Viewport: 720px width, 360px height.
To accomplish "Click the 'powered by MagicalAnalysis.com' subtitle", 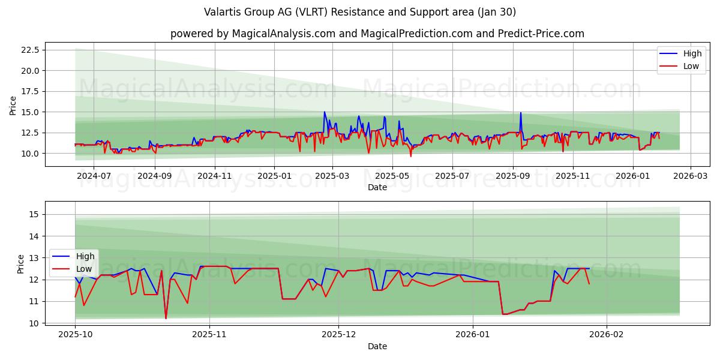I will click(377, 34).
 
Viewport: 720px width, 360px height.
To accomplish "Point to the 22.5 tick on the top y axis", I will click(30, 50).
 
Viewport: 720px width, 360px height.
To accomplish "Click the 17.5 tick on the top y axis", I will click(30, 91).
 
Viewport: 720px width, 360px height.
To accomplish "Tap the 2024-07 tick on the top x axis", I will click(94, 176).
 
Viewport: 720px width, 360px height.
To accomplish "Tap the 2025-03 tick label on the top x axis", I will click(332, 176).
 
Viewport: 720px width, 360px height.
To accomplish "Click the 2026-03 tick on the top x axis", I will click(690, 176).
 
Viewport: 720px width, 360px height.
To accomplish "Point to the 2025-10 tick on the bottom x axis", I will click(75, 335).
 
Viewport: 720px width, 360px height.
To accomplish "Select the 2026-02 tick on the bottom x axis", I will click(607, 335).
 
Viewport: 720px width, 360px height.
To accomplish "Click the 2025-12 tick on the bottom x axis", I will click(338, 335).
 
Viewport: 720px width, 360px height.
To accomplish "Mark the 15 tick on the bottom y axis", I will click(34, 214).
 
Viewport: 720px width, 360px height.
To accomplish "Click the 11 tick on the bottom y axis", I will click(34, 301).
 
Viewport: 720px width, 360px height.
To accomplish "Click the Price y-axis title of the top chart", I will click(13, 106).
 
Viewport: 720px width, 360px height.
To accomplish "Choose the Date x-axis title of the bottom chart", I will click(377, 346).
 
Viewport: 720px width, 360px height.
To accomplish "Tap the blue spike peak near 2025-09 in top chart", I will click(520, 113).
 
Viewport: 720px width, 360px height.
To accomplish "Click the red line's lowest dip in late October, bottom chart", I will click(166, 318).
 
